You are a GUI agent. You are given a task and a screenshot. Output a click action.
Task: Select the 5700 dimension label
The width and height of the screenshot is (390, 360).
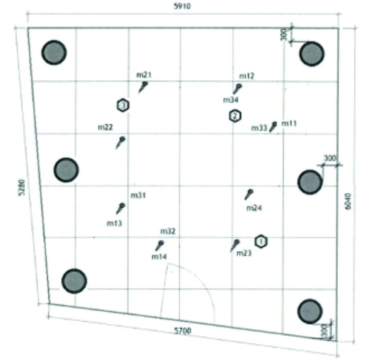182,331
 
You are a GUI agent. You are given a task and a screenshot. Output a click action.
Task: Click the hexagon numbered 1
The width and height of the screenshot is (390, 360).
261,242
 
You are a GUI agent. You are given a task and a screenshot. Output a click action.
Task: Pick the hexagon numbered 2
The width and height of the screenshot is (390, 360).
235,116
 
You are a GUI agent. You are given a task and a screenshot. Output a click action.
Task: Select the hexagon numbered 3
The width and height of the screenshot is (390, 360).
122,105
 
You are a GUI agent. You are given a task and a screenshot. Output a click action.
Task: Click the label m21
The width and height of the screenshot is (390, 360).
144,75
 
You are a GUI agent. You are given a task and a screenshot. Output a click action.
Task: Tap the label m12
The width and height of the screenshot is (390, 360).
247,76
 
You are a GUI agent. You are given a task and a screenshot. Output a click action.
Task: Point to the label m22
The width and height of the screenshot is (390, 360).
105,127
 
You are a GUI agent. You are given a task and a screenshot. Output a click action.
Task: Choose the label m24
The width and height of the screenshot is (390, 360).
254,208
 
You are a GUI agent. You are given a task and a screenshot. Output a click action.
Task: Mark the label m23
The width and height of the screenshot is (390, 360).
244,253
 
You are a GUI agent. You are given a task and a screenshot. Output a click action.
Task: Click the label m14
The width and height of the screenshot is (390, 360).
159,257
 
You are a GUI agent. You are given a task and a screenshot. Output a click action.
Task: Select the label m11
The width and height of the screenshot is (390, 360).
289,123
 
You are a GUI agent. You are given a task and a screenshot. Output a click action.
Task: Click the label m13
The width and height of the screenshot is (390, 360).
114,222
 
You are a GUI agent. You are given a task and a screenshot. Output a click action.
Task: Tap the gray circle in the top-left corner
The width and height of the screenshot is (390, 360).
54,52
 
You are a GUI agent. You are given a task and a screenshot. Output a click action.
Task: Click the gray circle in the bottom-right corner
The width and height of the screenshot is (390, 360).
310,311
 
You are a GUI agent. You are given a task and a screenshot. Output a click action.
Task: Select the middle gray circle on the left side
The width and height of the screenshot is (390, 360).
66,170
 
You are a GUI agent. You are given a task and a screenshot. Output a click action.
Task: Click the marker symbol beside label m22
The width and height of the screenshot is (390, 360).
120,142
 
